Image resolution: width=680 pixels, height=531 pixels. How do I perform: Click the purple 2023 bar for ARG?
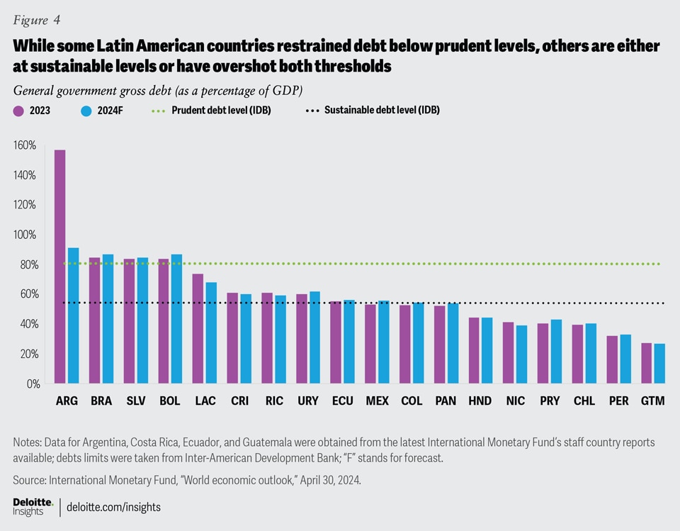(60, 266)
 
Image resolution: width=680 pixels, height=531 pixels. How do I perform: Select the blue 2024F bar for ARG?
(73, 315)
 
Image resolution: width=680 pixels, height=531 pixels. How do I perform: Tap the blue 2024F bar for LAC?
(211, 333)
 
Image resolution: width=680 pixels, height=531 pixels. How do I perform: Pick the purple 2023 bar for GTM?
(647, 363)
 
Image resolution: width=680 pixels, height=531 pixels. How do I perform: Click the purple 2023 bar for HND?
(474, 350)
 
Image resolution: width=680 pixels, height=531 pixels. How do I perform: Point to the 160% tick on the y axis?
(24, 145)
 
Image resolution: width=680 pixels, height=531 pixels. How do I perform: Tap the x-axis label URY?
(307, 401)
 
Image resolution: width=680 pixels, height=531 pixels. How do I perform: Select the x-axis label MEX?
(377, 401)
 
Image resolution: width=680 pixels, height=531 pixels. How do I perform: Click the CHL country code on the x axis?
(584, 401)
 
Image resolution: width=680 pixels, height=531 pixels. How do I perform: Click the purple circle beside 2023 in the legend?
(18, 111)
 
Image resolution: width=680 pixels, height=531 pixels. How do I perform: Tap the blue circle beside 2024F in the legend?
(86, 111)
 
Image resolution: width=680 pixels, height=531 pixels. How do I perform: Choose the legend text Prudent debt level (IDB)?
(221, 111)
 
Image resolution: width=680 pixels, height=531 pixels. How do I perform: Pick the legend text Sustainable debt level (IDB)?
(382, 111)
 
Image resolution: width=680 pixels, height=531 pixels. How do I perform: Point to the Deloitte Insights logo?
(33, 506)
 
